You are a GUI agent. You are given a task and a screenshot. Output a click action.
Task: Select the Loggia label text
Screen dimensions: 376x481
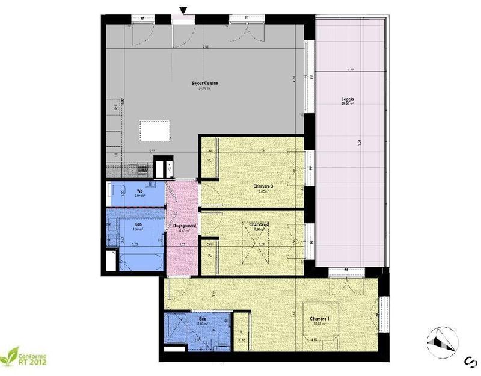click(x=347, y=99)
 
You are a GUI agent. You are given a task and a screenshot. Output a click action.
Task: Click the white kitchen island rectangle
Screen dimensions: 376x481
click(x=154, y=129)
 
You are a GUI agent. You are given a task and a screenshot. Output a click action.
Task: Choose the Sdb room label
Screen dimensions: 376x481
click(x=138, y=224)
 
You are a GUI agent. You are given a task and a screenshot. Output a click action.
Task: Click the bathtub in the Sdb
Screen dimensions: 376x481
click(x=141, y=263)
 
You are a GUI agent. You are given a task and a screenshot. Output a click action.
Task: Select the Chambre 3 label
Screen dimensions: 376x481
click(x=263, y=187)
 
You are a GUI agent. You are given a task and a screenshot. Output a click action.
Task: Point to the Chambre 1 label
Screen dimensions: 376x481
click(x=320, y=318)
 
